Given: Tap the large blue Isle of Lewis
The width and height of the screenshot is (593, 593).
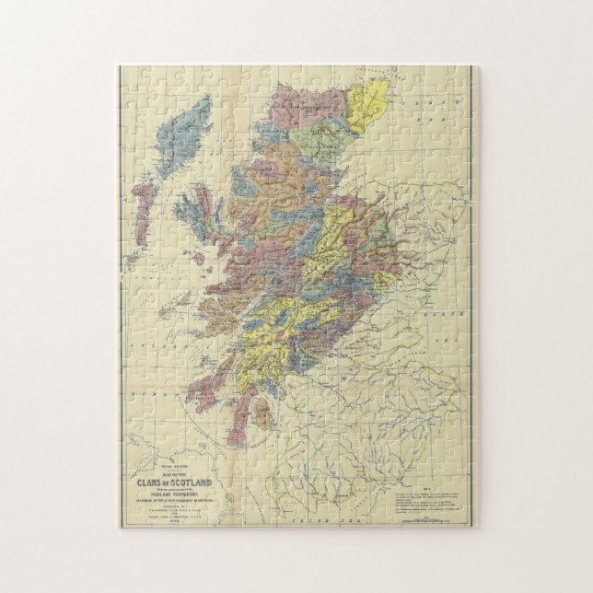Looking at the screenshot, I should [189, 147].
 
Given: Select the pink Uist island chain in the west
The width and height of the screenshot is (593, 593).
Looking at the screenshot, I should [145, 207].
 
